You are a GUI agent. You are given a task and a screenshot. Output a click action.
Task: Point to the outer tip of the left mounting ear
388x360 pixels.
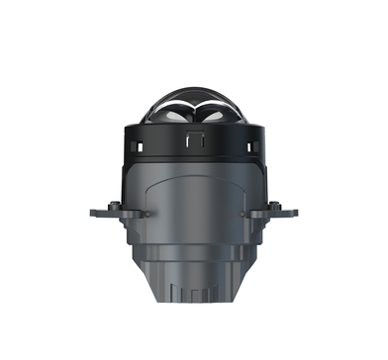(x=91, y=212)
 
